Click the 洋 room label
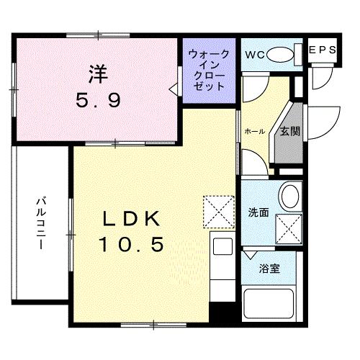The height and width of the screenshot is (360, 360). [x=99, y=73]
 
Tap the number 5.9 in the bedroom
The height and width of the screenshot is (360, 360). [x=99, y=101]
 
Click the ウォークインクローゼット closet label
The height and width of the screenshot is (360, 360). [x=210, y=70]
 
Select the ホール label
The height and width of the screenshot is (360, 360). [x=253, y=131]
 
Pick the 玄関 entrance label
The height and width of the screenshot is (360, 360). [x=290, y=131]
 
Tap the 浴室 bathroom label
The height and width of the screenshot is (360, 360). [x=270, y=269]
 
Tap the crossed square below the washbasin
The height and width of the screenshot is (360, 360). [x=289, y=228]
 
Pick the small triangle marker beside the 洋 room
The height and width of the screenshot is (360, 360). [x=172, y=89]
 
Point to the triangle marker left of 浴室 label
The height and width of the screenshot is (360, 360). [x=250, y=254]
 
